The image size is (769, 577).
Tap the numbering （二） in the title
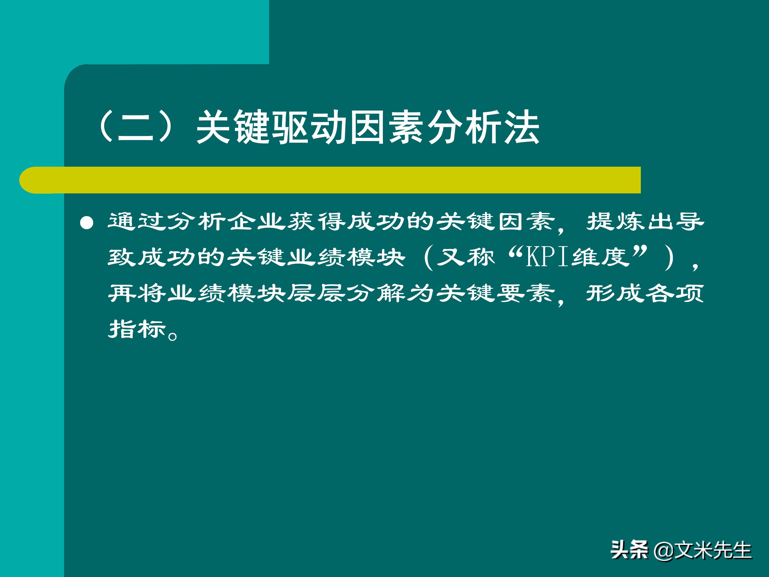(136, 127)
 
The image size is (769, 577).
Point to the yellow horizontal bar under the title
(330, 180)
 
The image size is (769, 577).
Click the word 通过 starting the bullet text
(138, 221)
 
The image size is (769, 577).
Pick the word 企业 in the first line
(257, 221)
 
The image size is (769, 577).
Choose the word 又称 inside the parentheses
(466, 257)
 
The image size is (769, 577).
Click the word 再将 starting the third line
(138, 293)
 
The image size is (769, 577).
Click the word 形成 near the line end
(615, 293)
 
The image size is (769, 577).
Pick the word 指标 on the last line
(138, 329)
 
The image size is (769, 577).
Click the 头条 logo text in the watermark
(629, 550)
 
